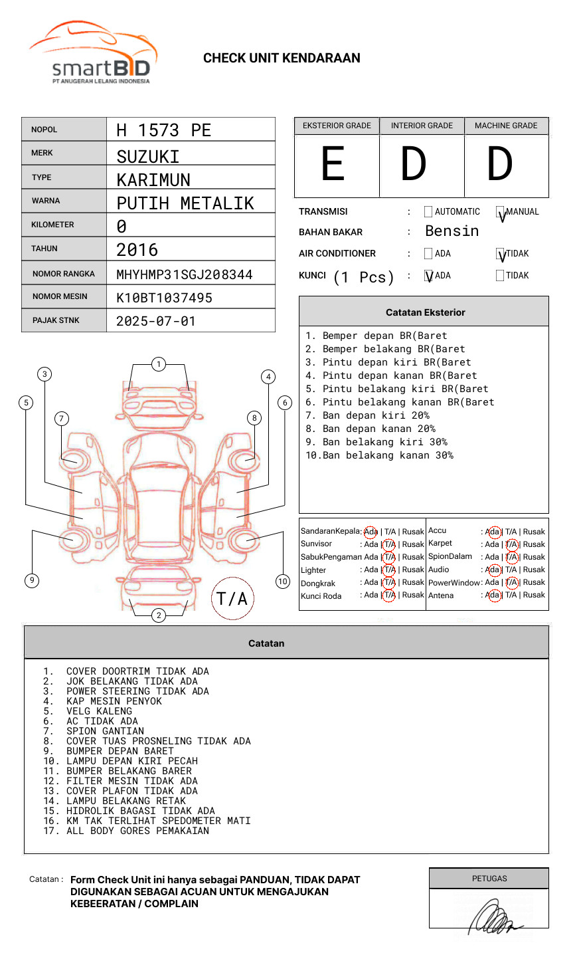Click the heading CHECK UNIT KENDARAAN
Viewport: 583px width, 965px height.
pyautogui.click(x=282, y=58)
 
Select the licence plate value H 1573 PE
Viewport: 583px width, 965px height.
pyautogui.click(x=163, y=130)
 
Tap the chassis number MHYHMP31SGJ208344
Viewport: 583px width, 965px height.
pyautogui.click(x=184, y=274)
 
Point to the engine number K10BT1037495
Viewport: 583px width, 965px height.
pyautogui.click(x=164, y=298)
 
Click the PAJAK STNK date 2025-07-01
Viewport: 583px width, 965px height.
pyautogui.click(x=156, y=321)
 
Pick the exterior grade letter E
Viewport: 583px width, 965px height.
pyautogui.click(x=333, y=164)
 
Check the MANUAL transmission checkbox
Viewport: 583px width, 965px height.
pyautogui.click(x=501, y=213)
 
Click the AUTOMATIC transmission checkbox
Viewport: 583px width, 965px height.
pyautogui.click(x=428, y=212)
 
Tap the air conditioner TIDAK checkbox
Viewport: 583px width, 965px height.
pyautogui.click(x=501, y=254)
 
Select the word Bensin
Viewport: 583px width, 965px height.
pyautogui.click(x=452, y=231)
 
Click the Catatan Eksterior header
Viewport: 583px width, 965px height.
pyautogui.click(x=425, y=312)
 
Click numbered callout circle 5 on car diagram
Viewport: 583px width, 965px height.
pyautogui.click(x=26, y=402)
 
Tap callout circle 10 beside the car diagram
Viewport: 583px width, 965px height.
pyautogui.click(x=283, y=582)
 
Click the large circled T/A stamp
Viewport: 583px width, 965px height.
pyautogui.click(x=232, y=598)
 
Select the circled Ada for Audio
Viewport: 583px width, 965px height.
pyautogui.click(x=493, y=570)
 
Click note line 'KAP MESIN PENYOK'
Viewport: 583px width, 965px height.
pyautogui.click(x=114, y=701)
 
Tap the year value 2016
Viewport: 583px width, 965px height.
pyautogui.click(x=137, y=250)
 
